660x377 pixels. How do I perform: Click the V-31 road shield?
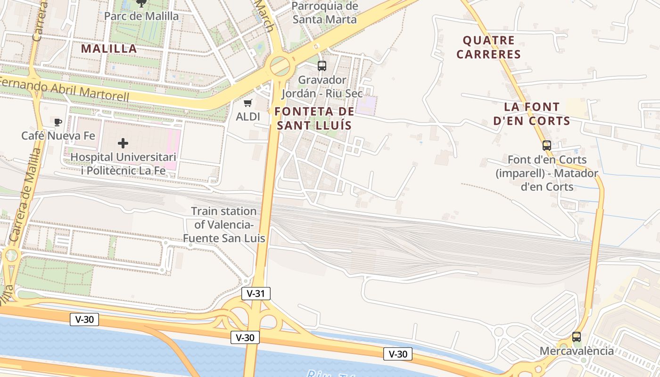coord(256,294)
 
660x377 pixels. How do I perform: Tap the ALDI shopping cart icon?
coord(247,103)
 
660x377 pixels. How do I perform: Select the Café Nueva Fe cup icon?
coord(58,123)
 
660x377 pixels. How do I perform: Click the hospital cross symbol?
coord(123,143)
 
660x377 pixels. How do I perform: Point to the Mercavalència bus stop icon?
coord(576,337)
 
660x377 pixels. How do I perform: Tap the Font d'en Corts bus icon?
coord(547,146)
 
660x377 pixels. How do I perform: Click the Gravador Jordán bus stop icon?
coord(322,66)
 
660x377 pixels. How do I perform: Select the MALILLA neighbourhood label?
coord(109,49)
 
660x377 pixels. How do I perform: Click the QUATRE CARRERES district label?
coord(488,47)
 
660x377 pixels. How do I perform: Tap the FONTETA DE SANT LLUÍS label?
coord(314,118)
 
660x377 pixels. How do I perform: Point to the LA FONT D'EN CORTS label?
coord(532,114)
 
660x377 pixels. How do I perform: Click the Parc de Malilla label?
coord(141,16)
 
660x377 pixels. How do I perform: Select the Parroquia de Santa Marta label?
coord(325,13)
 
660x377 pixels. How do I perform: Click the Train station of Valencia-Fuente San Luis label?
coord(224,225)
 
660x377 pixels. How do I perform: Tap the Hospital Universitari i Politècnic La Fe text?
coord(123,164)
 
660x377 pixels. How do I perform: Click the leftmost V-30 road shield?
coord(84,319)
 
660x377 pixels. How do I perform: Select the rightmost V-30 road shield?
coord(398,354)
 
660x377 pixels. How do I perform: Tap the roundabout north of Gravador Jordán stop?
coord(280,66)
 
